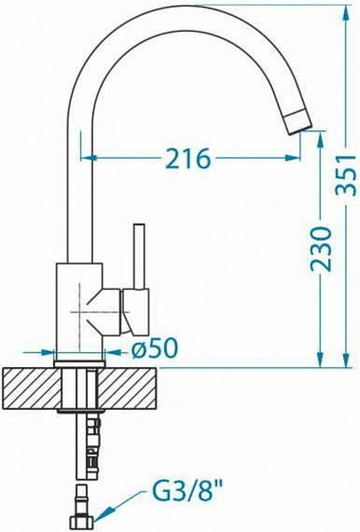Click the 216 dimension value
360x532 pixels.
(188, 159)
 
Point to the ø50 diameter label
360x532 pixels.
(154, 348)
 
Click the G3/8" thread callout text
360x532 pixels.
(188, 497)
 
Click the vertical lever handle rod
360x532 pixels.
(139, 256)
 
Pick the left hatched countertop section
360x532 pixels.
(32, 388)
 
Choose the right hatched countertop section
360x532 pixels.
(127, 388)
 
